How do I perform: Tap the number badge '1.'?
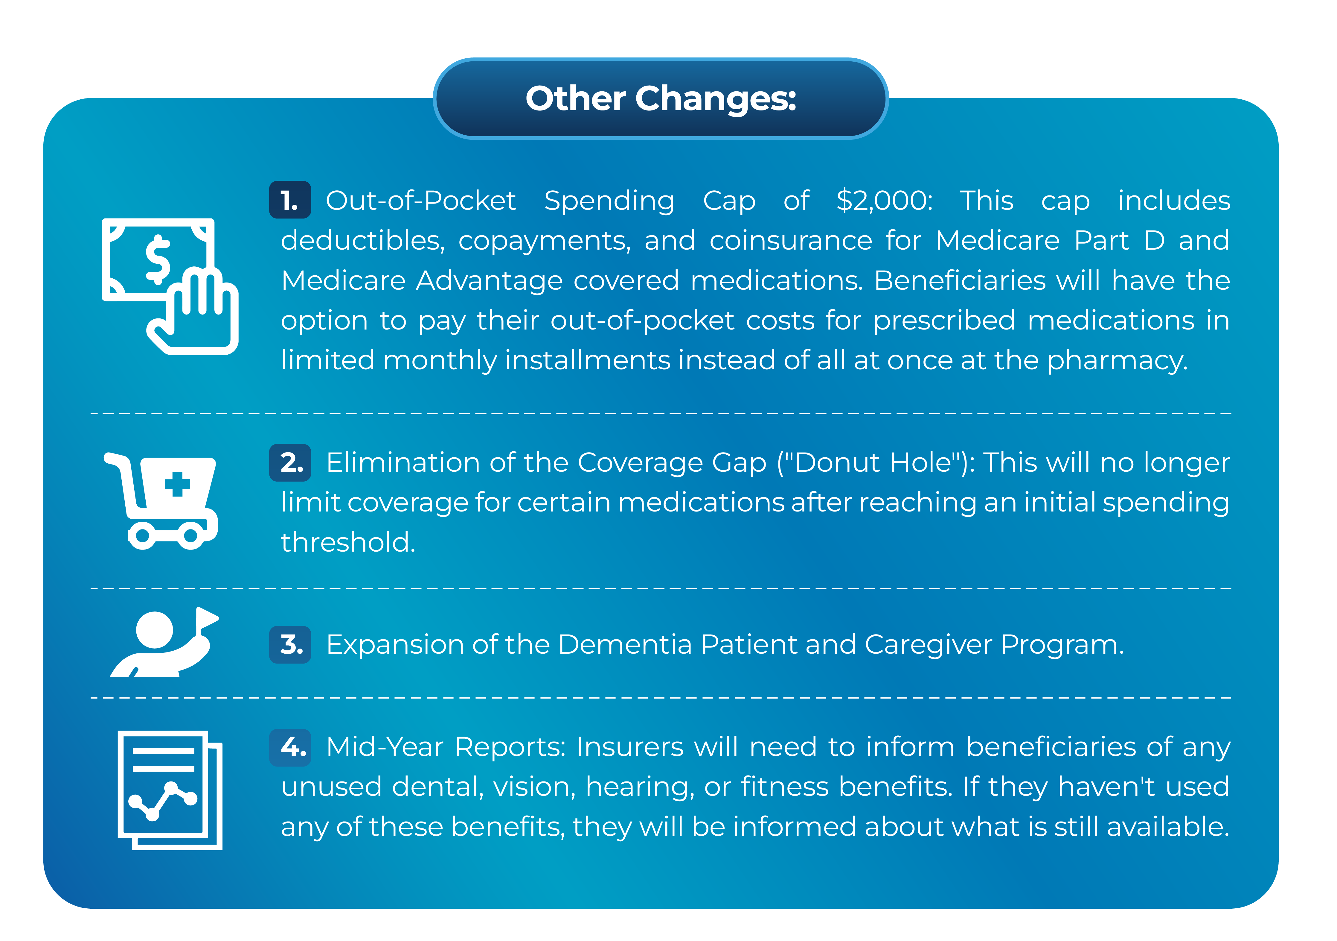click(x=289, y=200)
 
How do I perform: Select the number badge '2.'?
click(x=289, y=463)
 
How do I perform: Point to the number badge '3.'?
click(x=289, y=644)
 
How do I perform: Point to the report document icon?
click(x=170, y=790)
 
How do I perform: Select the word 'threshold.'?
click(x=348, y=542)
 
